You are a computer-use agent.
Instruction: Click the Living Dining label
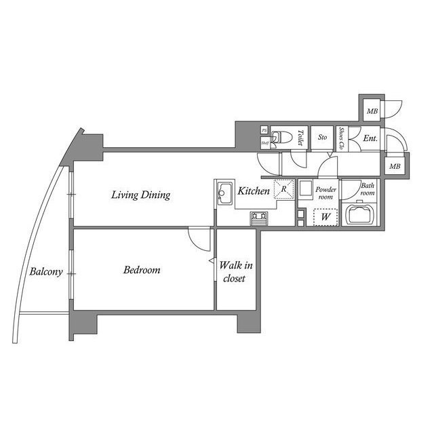(x=141, y=195)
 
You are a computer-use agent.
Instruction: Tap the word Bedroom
(x=142, y=270)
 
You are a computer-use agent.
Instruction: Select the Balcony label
(x=46, y=273)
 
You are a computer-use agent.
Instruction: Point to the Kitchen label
(x=253, y=192)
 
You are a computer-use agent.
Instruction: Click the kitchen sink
(x=223, y=195)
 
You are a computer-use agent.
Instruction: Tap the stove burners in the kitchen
(x=259, y=218)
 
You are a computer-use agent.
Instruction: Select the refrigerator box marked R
(x=283, y=190)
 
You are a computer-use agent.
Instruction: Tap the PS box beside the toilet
(x=264, y=131)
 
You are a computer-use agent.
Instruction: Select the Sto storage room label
(x=322, y=138)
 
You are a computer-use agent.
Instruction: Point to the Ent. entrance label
(x=370, y=138)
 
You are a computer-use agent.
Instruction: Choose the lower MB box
(x=394, y=166)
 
